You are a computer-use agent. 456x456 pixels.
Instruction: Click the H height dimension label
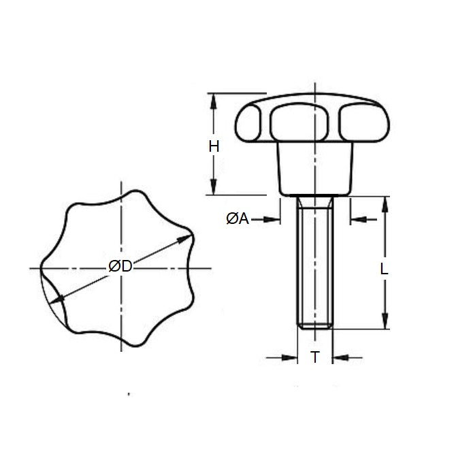214,146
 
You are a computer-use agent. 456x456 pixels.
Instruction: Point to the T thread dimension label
315,357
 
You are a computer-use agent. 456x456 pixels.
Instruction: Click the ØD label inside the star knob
120,267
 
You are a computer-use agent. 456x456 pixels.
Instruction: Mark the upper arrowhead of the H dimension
214,99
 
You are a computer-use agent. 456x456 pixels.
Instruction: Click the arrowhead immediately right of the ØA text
275,219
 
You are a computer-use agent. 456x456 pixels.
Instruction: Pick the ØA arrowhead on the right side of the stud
356,219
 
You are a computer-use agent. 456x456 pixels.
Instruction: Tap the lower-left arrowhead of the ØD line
59,298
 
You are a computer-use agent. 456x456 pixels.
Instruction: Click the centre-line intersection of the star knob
121,269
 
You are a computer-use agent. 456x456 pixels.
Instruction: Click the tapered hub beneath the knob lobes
316,170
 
